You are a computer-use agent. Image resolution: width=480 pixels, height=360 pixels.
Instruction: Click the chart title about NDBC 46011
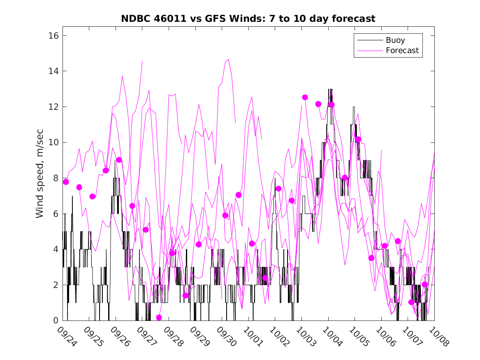(x=248, y=19)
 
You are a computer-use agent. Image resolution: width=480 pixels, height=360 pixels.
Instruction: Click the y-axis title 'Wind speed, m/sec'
(x=39, y=178)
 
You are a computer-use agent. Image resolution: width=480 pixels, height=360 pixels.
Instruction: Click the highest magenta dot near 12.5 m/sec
(x=305, y=97)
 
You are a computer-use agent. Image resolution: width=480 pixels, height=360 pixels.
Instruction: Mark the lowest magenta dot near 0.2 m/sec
(x=159, y=317)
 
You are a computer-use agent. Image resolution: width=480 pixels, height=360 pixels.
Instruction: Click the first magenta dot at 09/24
(x=66, y=182)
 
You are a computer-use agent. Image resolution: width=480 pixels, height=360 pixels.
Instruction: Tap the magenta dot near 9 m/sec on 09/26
(x=119, y=160)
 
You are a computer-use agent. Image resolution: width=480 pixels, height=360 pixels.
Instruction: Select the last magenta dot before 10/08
(x=425, y=284)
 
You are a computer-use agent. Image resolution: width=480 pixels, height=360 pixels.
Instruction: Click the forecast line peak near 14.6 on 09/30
(x=228, y=60)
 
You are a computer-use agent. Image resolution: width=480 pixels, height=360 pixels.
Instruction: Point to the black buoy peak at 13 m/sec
(x=330, y=89)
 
